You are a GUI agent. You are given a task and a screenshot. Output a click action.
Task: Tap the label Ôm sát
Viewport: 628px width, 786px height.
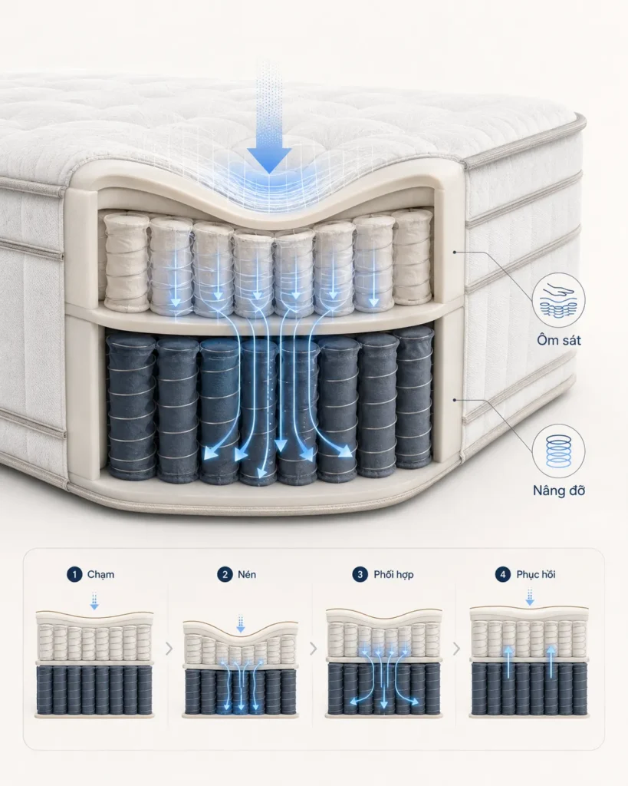click(559, 340)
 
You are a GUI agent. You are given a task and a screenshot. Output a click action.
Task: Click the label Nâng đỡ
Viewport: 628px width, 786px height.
click(558, 490)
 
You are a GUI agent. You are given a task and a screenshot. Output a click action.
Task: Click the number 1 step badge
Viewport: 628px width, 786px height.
click(74, 574)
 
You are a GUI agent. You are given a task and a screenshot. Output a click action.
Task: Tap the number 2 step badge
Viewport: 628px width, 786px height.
click(225, 574)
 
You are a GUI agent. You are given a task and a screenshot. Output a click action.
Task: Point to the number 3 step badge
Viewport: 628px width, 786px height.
click(360, 574)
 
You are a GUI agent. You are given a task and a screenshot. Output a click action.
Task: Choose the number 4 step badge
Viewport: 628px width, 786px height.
click(503, 574)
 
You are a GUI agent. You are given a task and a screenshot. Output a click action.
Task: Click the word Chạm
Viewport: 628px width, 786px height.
click(100, 574)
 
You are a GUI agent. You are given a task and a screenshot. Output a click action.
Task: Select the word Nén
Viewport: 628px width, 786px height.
click(247, 574)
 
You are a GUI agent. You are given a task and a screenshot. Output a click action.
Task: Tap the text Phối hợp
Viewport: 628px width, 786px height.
click(393, 574)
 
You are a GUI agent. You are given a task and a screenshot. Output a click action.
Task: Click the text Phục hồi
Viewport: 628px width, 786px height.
click(536, 574)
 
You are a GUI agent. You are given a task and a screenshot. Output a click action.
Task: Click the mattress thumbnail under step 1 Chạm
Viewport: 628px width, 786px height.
click(94, 664)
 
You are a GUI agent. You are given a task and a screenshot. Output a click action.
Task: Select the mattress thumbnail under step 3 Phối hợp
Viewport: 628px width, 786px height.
click(383, 662)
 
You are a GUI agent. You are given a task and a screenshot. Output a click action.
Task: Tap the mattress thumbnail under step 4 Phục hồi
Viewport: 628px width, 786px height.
click(529, 661)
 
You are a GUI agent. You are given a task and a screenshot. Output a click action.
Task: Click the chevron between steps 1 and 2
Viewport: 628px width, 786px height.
click(169, 649)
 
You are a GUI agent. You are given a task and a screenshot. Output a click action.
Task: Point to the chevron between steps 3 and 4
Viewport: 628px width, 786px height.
click(456, 649)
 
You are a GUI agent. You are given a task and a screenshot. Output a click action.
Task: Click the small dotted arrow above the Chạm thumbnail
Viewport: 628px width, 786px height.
click(94, 601)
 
